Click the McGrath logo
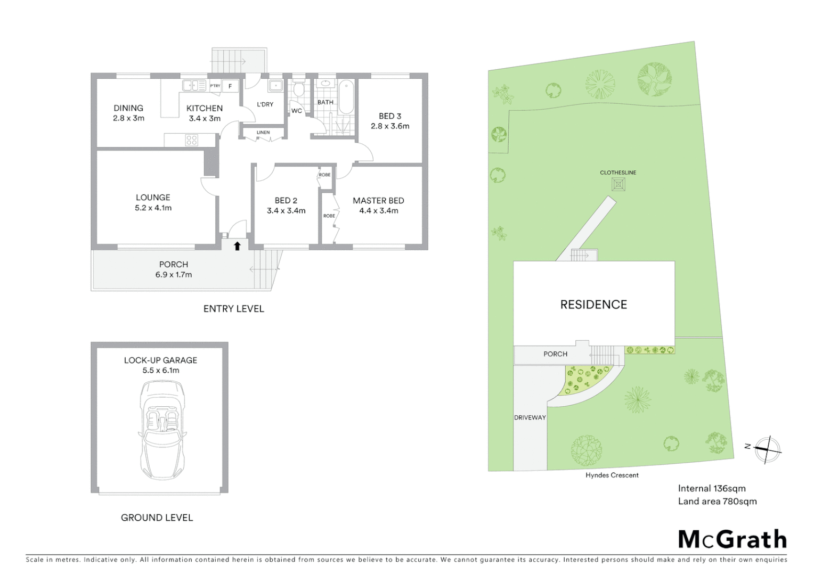point(732,539)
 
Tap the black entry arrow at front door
point(238,245)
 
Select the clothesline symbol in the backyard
point(618,184)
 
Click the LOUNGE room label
point(153,198)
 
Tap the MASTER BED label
point(378,201)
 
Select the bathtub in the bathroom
point(346,96)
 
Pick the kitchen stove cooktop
point(192,140)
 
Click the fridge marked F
point(230,86)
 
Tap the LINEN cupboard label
point(263,133)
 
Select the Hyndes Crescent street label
point(612,475)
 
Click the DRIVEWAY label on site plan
point(530,417)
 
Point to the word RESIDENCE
point(593,305)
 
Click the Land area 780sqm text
point(717,501)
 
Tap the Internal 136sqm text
point(712,488)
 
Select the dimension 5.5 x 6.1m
point(160,371)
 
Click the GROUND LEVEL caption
point(157,517)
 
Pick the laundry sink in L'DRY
point(275,86)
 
